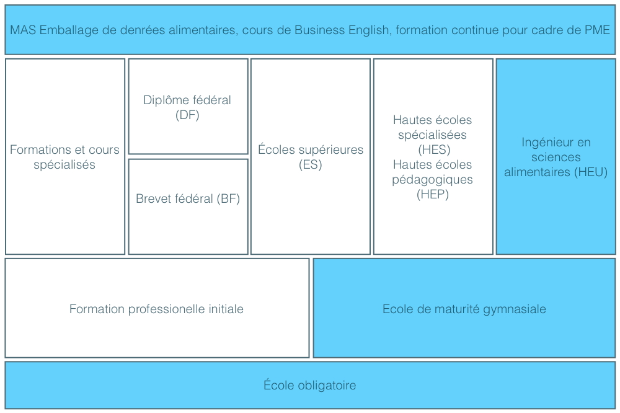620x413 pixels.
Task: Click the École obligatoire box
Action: point(310,385)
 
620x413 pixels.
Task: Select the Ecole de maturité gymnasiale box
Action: point(464,308)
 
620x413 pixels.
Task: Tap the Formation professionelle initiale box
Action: point(157,308)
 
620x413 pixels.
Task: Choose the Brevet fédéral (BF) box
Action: point(188,206)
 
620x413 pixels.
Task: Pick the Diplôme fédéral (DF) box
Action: point(188,107)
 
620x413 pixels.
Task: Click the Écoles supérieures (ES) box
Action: point(311,157)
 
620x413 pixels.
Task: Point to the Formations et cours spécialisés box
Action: point(65,157)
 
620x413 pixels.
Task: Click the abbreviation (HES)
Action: point(434,149)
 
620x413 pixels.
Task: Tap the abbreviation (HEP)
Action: point(433,194)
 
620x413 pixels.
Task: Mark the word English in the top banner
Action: point(370,30)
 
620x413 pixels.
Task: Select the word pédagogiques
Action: point(433,180)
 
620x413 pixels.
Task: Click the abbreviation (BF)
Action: point(228,198)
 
